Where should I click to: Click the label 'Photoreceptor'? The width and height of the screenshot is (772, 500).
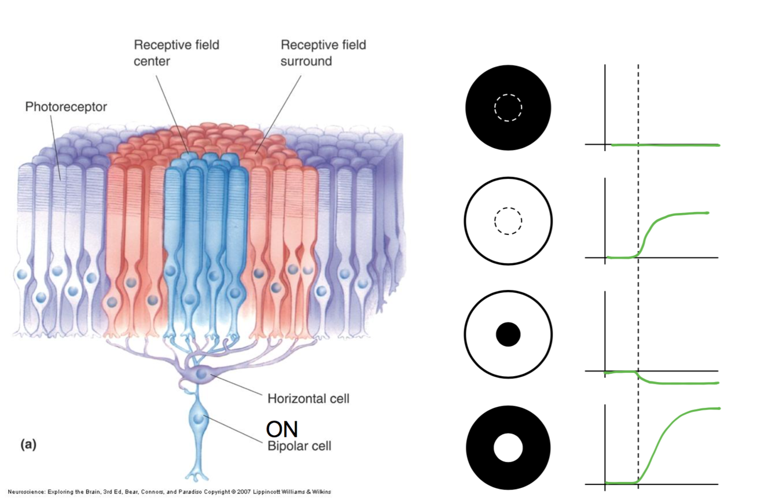click(66, 107)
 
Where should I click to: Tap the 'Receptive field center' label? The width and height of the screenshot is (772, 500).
click(177, 52)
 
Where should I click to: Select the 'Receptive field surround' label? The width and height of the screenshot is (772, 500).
click(323, 52)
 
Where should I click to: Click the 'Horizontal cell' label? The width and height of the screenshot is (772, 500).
click(308, 399)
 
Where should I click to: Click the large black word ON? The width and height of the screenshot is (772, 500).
click(282, 429)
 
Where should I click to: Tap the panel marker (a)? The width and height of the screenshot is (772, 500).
click(28, 444)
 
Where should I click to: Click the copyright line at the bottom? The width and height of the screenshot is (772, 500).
click(170, 492)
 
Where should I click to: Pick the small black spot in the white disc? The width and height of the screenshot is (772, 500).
click(508, 334)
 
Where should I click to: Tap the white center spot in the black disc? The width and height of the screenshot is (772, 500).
click(508, 448)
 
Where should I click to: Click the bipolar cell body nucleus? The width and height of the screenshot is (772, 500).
click(200, 418)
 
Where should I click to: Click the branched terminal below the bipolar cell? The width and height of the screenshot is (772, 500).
click(199, 476)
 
